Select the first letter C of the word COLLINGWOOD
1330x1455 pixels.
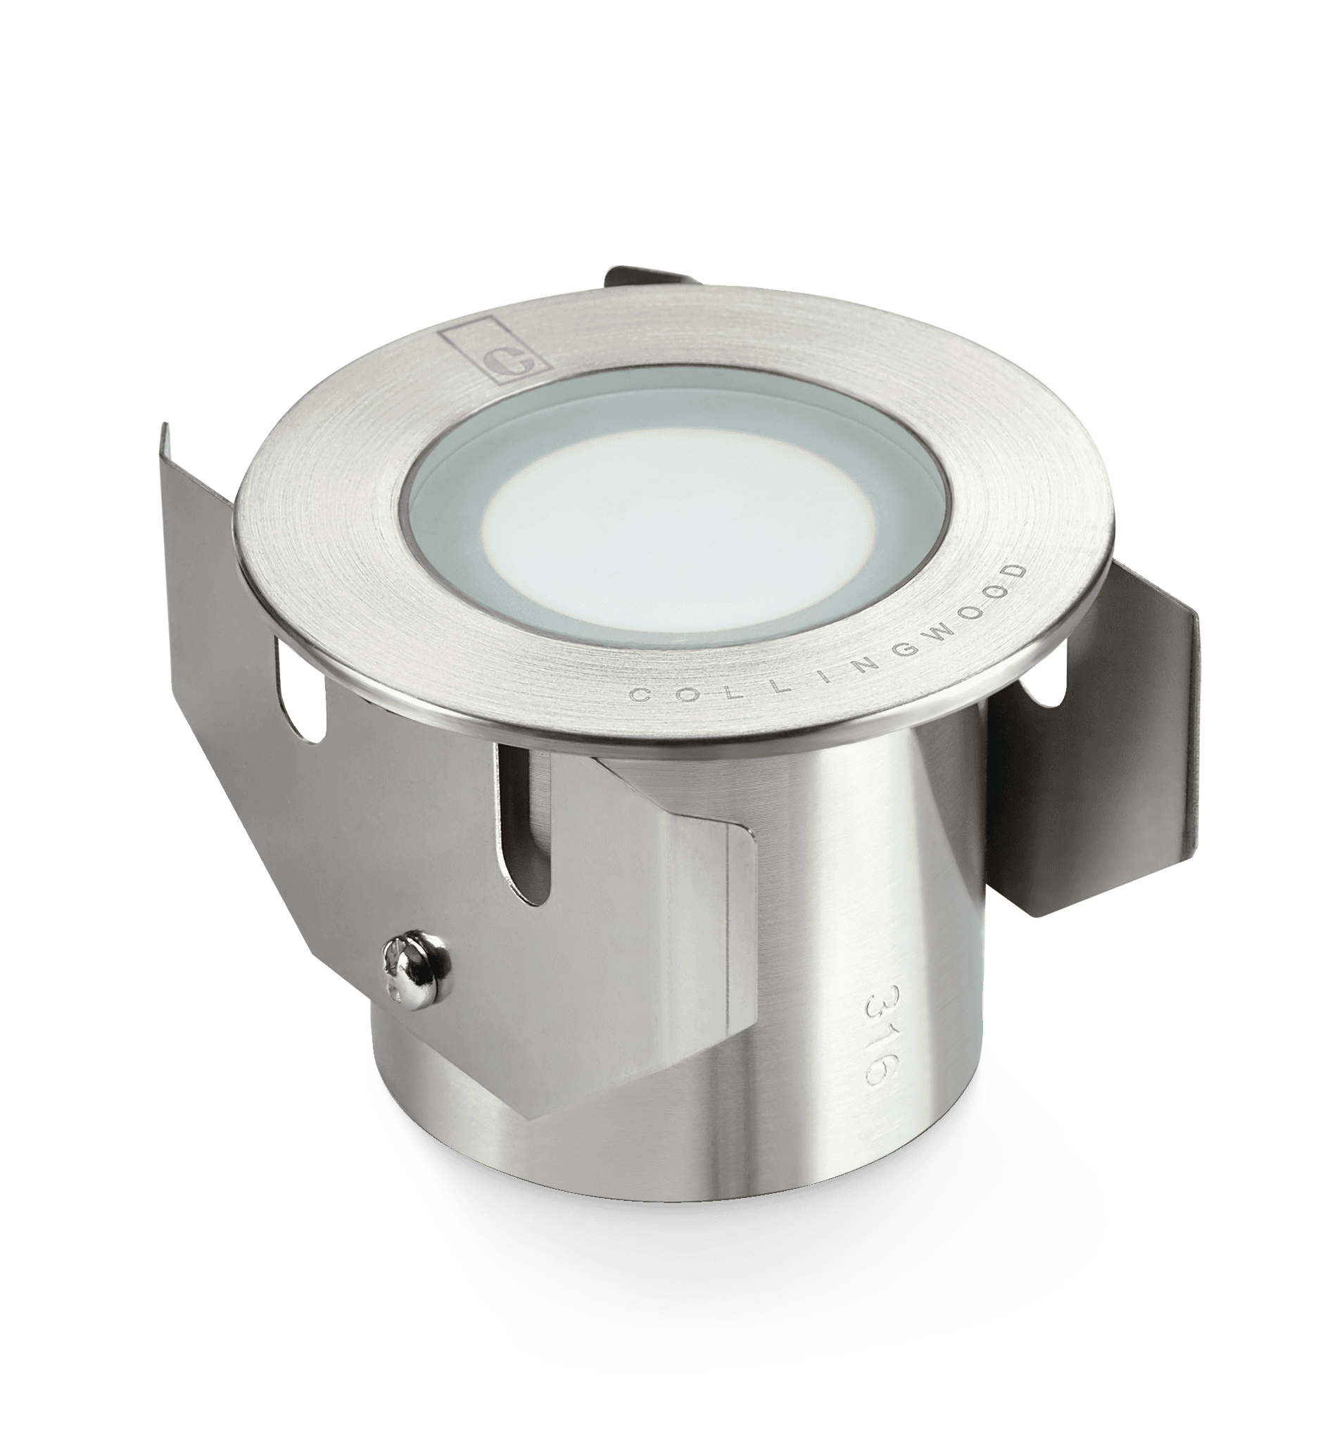[x=638, y=695]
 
